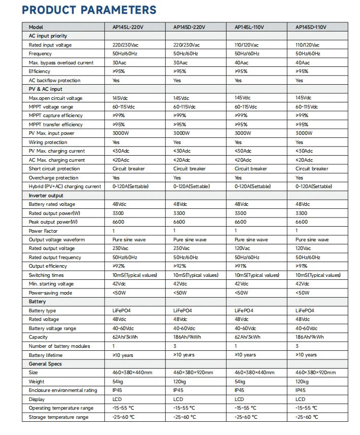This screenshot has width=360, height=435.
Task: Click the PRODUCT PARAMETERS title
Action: pyautogui.click(x=89, y=10)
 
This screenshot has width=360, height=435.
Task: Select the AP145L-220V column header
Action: pyautogui.click(x=128, y=27)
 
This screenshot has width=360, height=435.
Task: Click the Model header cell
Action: pyautogui.click(x=37, y=27)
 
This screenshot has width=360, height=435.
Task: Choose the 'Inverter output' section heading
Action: pyautogui.click(x=46, y=195)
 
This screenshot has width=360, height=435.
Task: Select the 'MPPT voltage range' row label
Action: pyautogui.click(x=51, y=107)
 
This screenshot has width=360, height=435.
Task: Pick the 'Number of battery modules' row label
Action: pyautogui.click(x=59, y=346)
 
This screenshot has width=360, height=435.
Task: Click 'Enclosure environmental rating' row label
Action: pyautogui.click(x=63, y=390)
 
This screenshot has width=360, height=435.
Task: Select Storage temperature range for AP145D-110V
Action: pyautogui.click(x=307, y=417)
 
